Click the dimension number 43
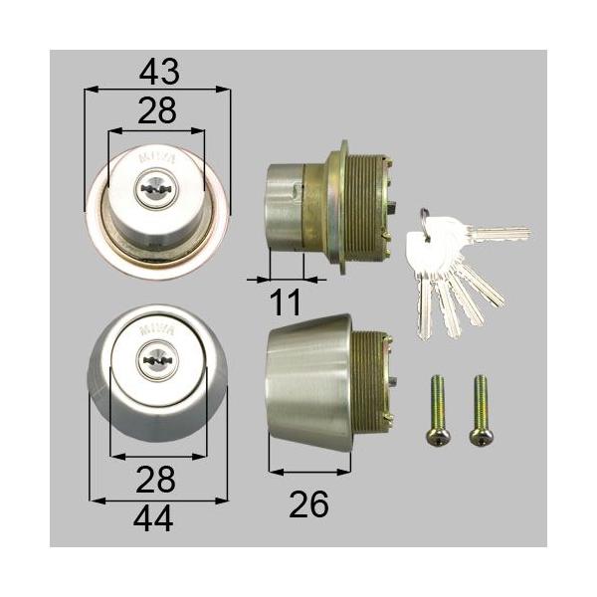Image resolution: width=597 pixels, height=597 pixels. coord(159,72)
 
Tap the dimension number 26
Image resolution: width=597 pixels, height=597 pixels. coord(308,504)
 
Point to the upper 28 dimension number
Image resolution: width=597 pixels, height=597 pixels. coord(156,111)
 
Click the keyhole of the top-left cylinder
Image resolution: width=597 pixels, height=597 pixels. coord(155,186)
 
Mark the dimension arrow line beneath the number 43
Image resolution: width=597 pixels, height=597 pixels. coord(157,90)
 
